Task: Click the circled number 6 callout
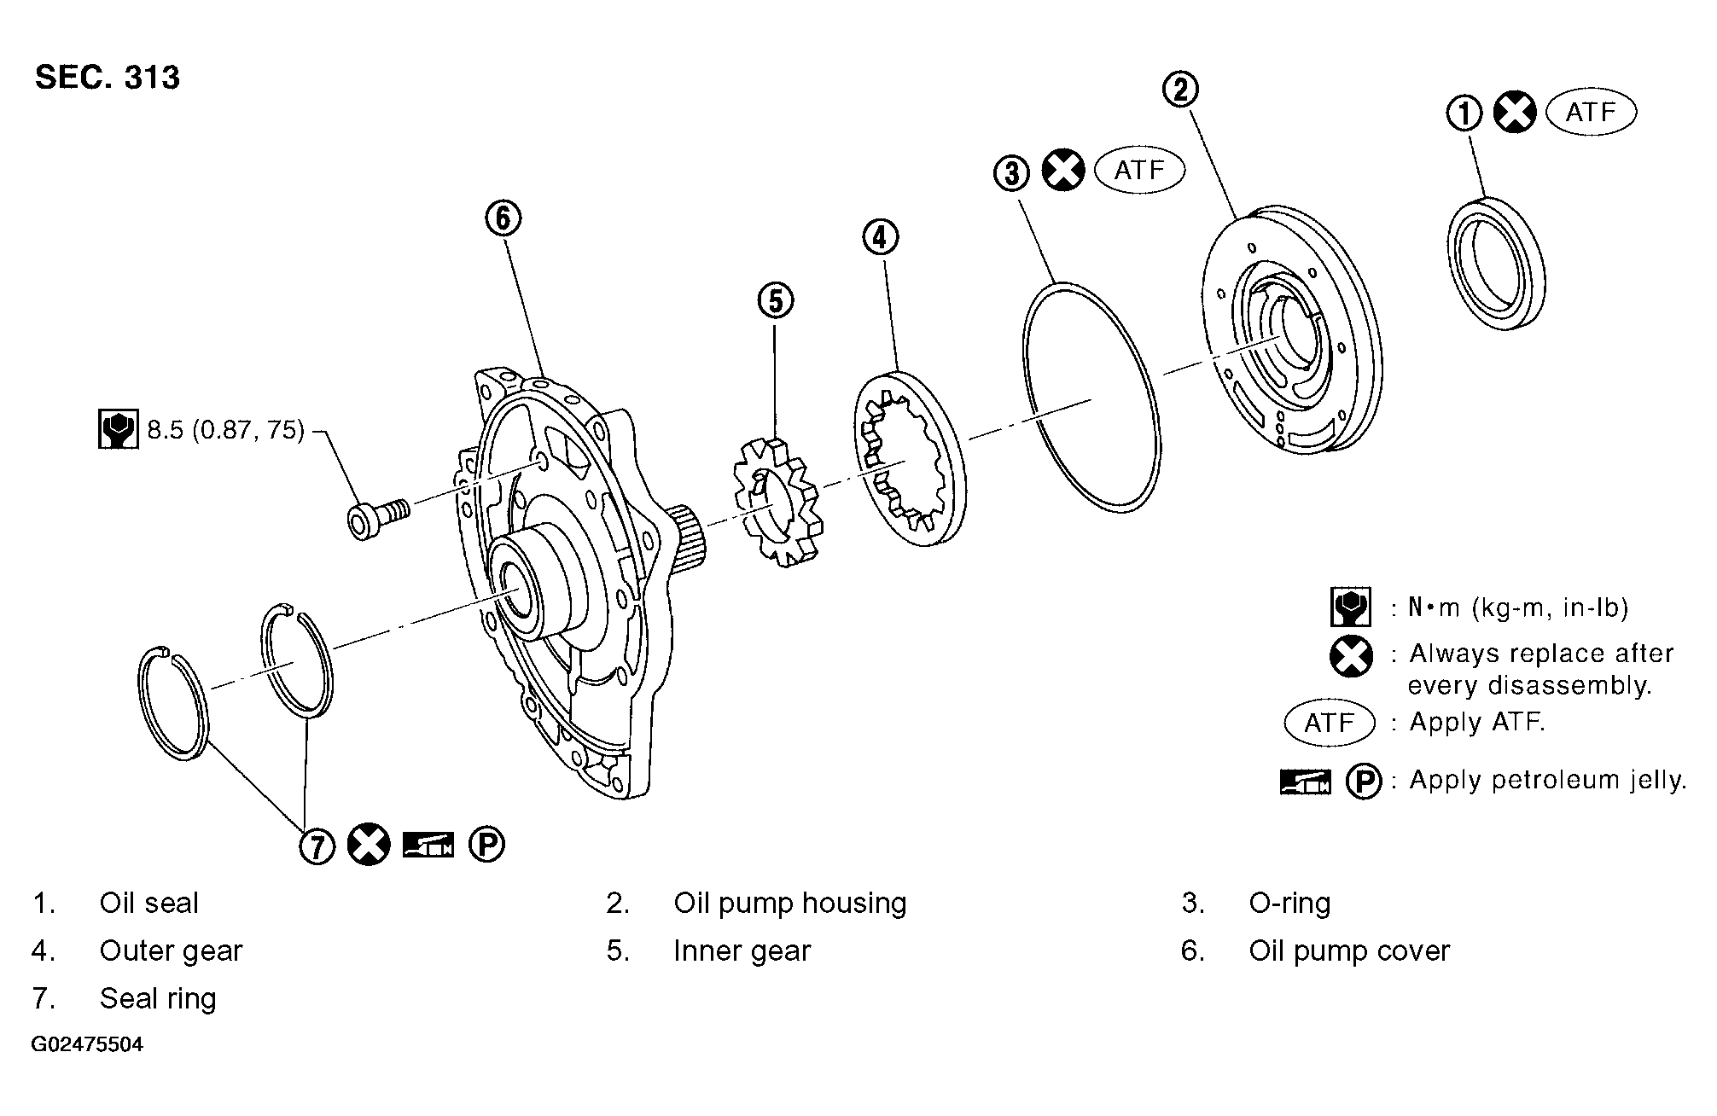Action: click(x=503, y=218)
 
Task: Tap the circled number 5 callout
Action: click(x=775, y=300)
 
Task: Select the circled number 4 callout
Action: click(x=881, y=236)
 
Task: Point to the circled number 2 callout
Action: click(x=1181, y=88)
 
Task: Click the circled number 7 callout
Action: click(x=317, y=846)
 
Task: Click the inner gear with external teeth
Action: click(x=775, y=502)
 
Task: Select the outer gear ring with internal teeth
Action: click(x=911, y=458)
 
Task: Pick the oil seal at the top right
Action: click(x=1497, y=262)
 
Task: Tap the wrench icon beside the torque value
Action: click(x=118, y=429)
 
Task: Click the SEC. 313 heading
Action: click(x=108, y=78)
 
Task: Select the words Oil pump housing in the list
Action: click(x=790, y=904)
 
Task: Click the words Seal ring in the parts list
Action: click(x=158, y=999)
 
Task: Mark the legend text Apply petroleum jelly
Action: click(x=1548, y=780)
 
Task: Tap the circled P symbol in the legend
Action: click(x=1364, y=782)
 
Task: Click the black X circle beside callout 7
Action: click(x=369, y=846)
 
